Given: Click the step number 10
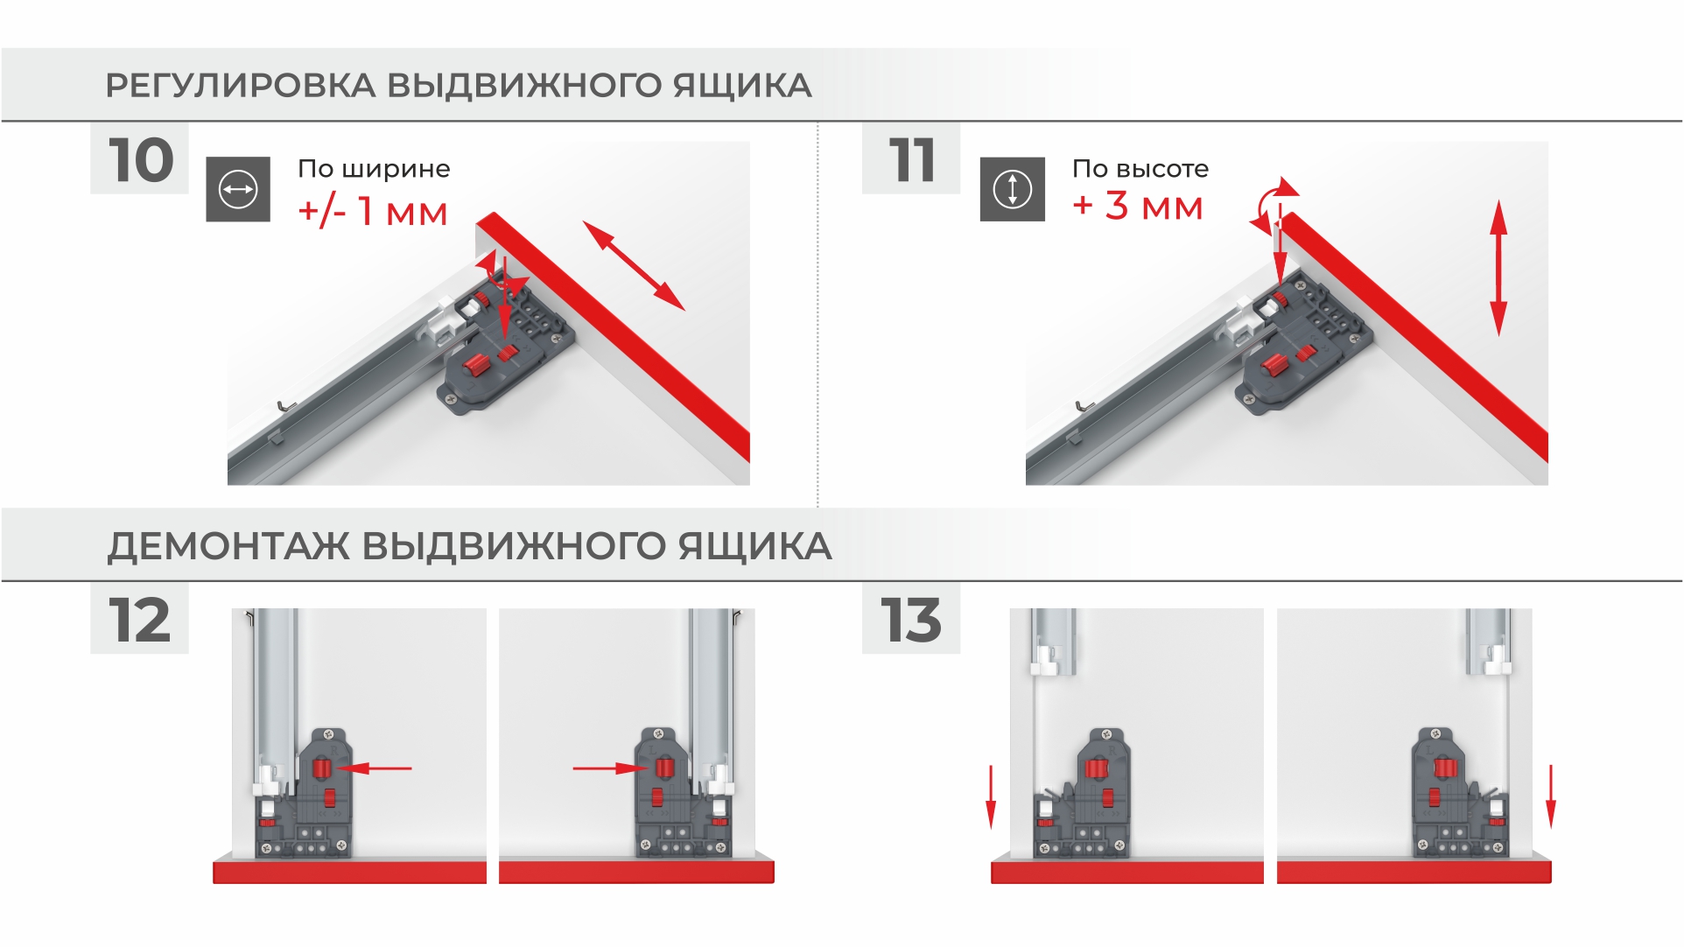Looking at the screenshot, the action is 141,160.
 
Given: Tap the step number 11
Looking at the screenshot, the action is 912,160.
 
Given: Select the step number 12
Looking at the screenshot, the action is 139,621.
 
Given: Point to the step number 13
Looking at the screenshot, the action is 911,621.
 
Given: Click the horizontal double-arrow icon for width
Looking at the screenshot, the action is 238,189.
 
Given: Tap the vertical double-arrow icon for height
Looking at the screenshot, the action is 1013,189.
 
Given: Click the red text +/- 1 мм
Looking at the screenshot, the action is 373,212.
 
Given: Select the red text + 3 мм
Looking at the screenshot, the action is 1138,207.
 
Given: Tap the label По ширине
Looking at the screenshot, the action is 374,168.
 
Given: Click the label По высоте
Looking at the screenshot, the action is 1140,168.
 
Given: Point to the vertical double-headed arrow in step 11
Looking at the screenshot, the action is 1498,268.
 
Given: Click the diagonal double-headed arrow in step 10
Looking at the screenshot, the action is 634,265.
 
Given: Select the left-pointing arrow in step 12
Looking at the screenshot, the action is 374,768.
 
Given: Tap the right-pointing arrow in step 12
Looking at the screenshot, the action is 610,768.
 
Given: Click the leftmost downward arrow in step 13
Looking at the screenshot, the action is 991,796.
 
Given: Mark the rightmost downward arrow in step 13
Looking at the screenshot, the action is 1550,796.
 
